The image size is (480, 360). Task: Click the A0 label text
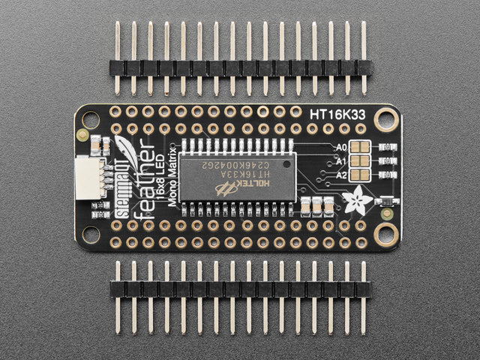point(342,147)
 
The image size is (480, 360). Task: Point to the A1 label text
point(342,160)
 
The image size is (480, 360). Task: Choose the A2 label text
point(342,175)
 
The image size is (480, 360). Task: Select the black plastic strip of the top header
point(240,67)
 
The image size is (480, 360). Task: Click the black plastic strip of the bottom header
point(240,288)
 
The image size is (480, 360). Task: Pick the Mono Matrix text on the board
point(173,175)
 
